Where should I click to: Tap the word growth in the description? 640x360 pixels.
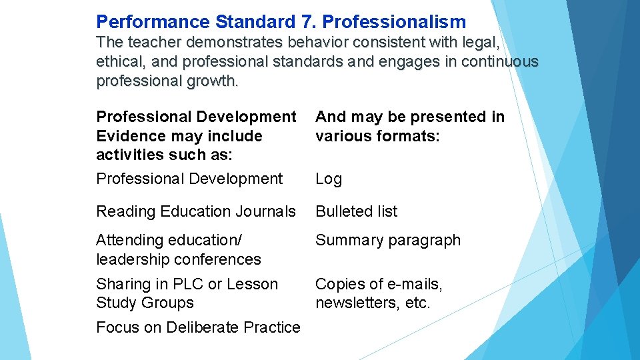(215, 81)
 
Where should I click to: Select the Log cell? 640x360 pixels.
(329, 179)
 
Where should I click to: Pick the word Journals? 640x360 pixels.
(266, 211)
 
